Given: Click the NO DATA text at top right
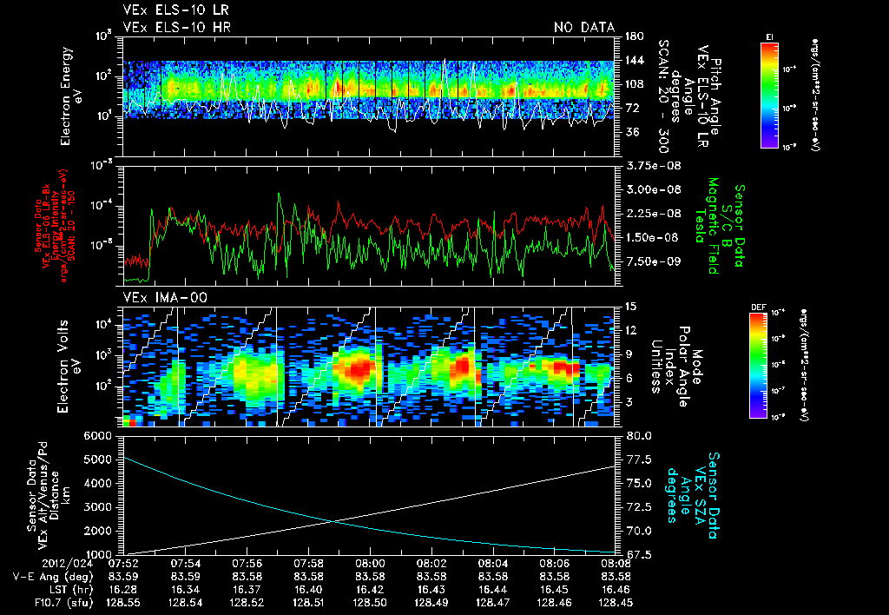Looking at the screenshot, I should pos(584,27).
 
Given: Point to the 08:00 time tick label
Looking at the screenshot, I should pos(371,562).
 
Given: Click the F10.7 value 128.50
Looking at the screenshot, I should pos(371,600).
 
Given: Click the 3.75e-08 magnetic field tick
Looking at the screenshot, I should pos(649,166).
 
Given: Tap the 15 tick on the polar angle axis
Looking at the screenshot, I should pos(627,307).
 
